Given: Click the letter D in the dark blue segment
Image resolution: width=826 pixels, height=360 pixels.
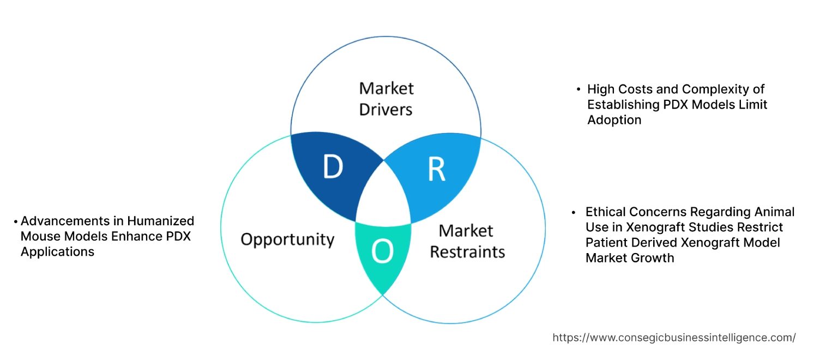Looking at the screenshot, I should pos(333,167).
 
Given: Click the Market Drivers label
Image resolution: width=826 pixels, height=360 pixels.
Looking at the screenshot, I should pos(386,99).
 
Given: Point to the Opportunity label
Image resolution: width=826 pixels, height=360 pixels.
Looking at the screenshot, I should pos(287,239).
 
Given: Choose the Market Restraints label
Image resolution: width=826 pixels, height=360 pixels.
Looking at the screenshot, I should pos(467,241).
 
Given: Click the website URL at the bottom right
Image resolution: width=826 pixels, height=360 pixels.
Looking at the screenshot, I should pos(674,338).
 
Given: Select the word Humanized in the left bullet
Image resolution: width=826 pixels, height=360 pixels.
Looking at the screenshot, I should pos(160,221).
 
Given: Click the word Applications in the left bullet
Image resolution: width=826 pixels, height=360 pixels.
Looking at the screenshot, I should pos(57,251).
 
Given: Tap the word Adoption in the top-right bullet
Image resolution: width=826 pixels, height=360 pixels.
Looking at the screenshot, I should pos(614,119).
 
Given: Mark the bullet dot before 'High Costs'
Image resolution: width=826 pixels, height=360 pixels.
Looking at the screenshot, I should pos(578,89).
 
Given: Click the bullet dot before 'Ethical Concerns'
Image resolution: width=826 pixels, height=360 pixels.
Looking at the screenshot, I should pos(574,211).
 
